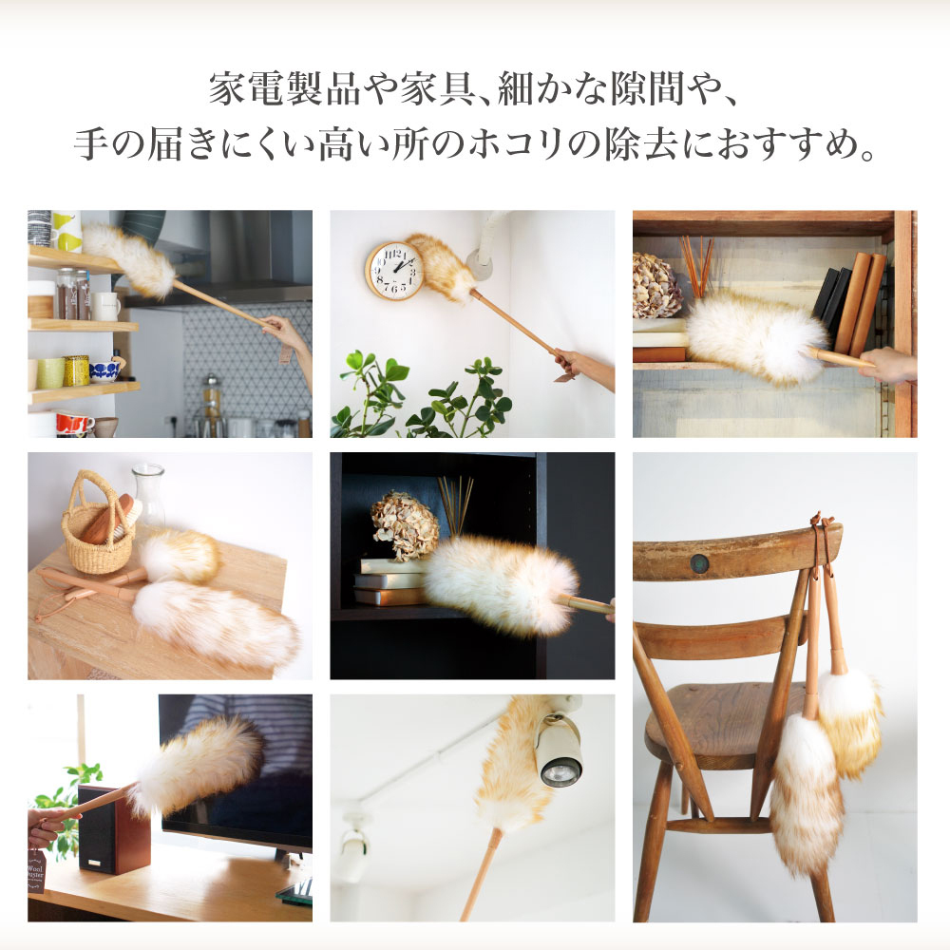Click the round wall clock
[x=394, y=270]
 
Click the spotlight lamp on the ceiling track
[x=560, y=755]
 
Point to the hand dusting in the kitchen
[x=288, y=334]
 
